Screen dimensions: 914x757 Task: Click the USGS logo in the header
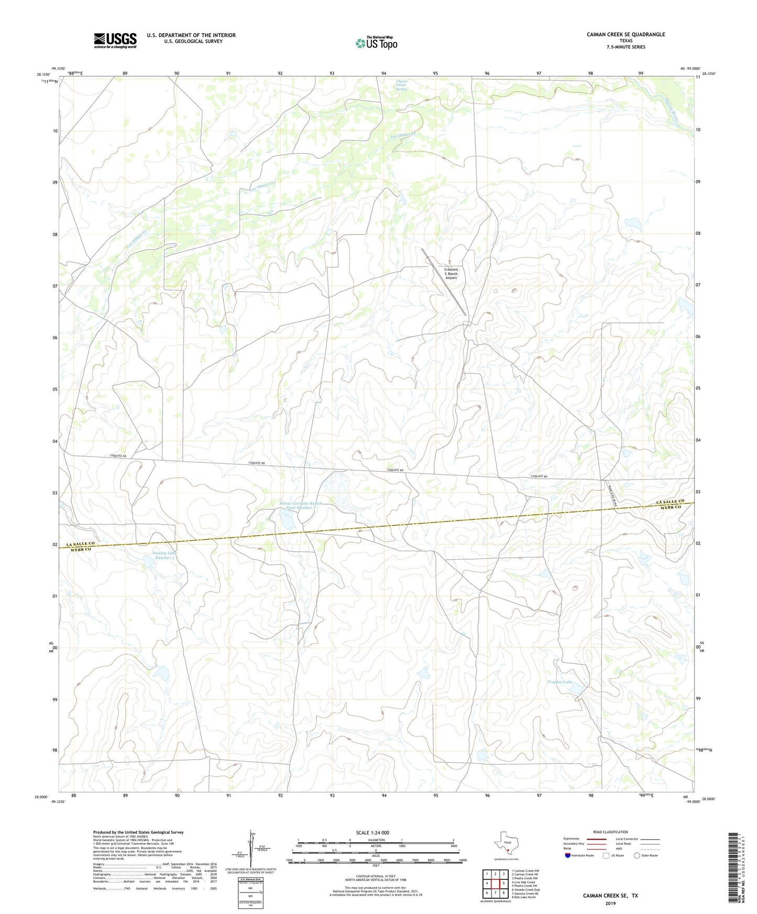pyautogui.click(x=115, y=40)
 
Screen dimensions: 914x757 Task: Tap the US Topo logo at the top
pyautogui.click(x=376, y=43)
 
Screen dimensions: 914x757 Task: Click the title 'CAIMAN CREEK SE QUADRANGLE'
pyautogui.click(x=626, y=35)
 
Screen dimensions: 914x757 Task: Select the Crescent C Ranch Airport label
pyautogui.click(x=451, y=274)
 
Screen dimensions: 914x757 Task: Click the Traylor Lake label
pyautogui.click(x=559, y=682)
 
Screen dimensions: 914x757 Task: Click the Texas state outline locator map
pyautogui.click(x=506, y=843)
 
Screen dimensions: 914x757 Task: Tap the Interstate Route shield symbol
pyautogui.click(x=567, y=855)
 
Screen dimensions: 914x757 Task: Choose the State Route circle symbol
pyautogui.click(x=637, y=855)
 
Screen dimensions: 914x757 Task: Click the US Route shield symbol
pyautogui.click(x=607, y=855)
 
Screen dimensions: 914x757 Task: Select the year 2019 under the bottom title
pyautogui.click(x=610, y=904)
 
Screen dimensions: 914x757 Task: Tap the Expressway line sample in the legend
pyautogui.click(x=596, y=839)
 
